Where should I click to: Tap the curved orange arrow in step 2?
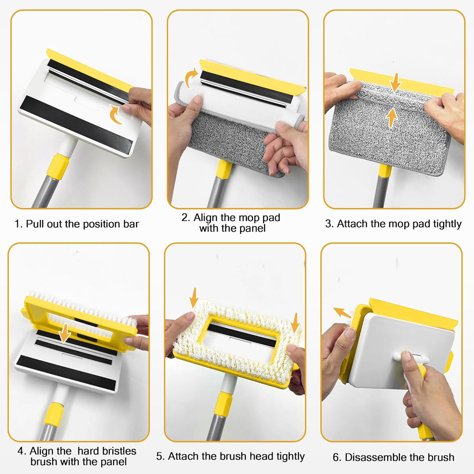pyautogui.click(x=190, y=77)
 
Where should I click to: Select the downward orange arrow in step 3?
pyautogui.click(x=395, y=82)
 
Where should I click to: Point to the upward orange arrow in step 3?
pyautogui.click(x=392, y=118)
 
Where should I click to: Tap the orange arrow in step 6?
pyautogui.click(x=342, y=312)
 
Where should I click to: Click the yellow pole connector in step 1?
pyautogui.click(x=58, y=166)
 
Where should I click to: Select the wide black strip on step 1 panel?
pyautogui.click(x=76, y=125)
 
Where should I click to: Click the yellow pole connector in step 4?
pyautogui.click(x=54, y=415)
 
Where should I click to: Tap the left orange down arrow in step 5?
pyautogui.click(x=194, y=298)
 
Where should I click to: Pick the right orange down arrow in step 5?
pyautogui.click(x=295, y=323)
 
